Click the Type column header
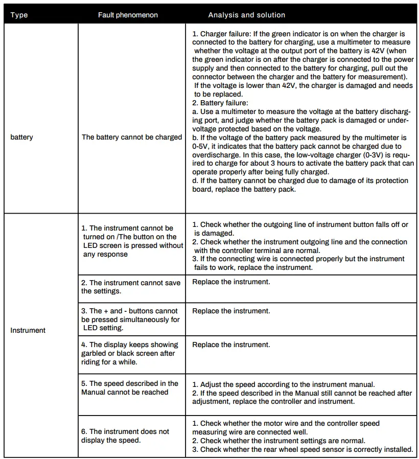coord(19,15)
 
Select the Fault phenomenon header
coord(128,15)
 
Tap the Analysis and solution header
coord(246,15)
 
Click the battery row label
coord(21,137)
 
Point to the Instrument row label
coord(28,330)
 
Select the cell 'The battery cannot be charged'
coord(132,137)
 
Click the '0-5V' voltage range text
coord(201,146)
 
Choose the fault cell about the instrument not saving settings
coord(131,287)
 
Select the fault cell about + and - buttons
coord(130,319)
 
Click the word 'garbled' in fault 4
coord(94,353)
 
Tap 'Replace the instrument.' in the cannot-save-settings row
coord(231,282)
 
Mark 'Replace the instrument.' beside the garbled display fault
coord(231,345)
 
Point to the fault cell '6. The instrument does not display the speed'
coord(125,435)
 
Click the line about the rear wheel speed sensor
coord(302,449)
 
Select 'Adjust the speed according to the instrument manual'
coord(284,384)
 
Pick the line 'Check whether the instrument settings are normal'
coord(279,441)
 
